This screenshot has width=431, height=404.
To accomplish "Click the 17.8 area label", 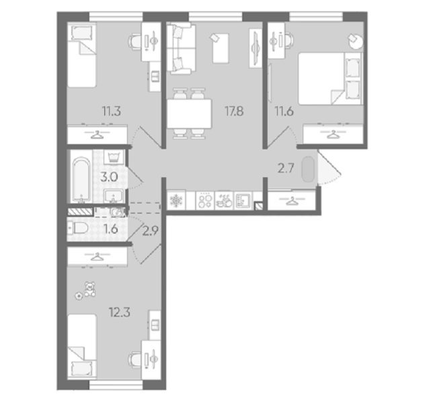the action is point(234,112).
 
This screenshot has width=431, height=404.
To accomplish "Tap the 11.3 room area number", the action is point(112,112).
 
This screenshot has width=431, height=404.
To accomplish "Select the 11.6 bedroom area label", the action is point(284,112).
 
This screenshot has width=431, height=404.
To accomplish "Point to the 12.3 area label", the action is point(119,312).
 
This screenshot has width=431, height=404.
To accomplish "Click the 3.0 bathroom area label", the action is point(109,177).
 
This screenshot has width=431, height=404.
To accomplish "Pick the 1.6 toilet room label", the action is point(112,229).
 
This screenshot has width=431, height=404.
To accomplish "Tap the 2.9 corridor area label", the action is point(151,231).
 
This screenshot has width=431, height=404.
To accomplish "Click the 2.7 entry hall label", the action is point(286,168).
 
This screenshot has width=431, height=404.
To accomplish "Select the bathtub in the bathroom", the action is point(81,180).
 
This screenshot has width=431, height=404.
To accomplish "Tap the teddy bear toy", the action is point(89,289).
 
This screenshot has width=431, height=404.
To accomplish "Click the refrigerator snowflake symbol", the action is point(175,200).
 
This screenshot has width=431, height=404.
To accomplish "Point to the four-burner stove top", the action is point(205,201).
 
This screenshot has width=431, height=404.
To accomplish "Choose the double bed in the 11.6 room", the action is point(330,79).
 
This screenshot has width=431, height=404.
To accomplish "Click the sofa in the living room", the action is point(182,48).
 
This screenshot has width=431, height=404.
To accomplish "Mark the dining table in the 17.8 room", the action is point(190,114).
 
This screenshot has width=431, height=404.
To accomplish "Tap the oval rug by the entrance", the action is point(307,169).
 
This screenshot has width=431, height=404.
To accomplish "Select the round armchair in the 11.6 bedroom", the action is point(356,41).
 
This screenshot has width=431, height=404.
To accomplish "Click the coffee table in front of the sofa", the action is point(221,48).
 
